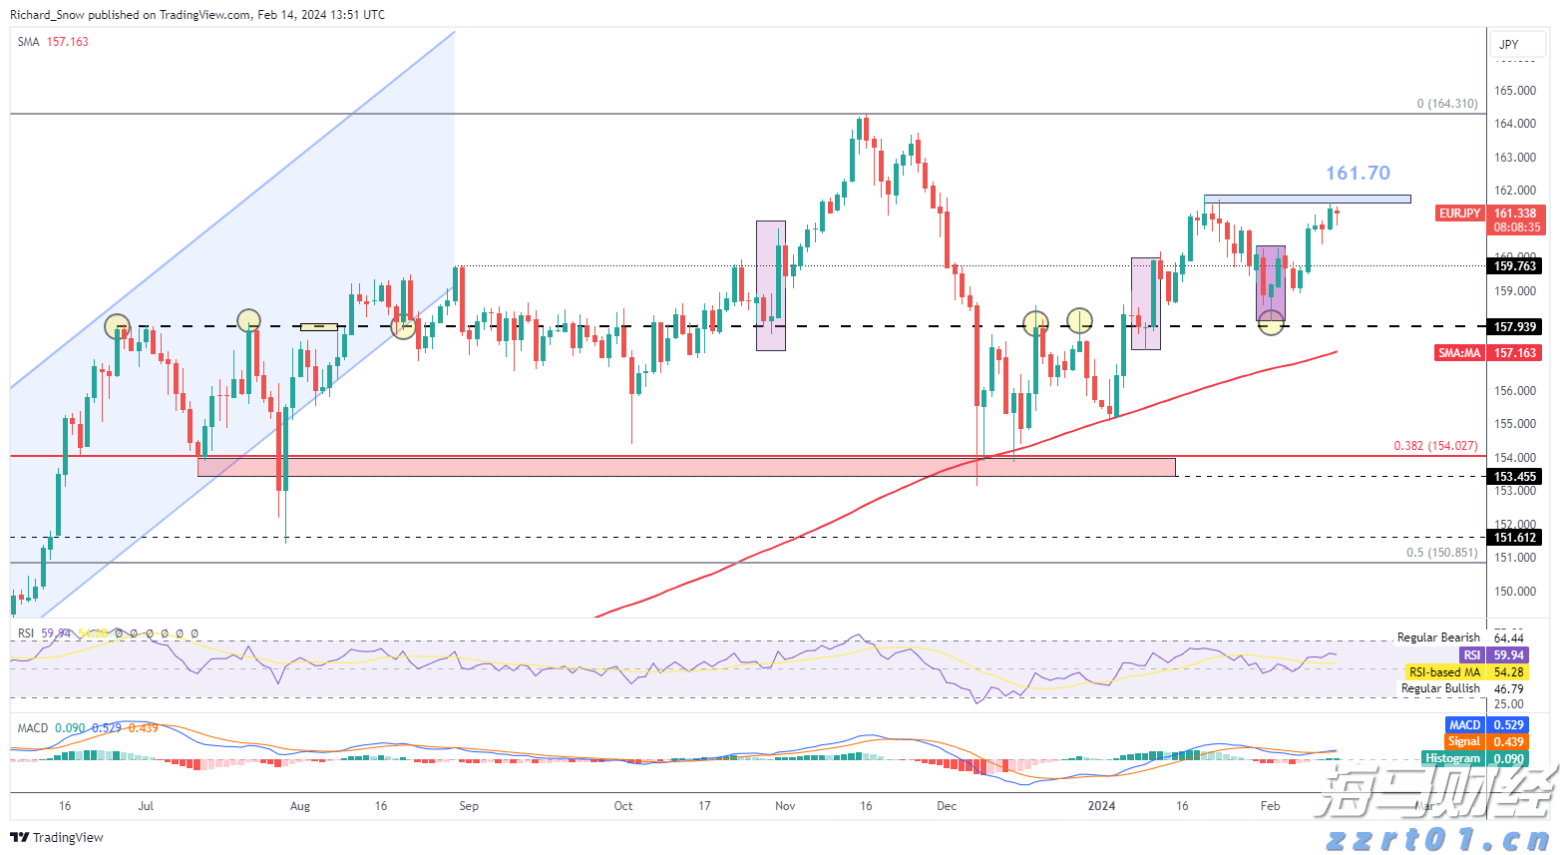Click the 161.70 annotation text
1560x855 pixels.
[x=1357, y=174]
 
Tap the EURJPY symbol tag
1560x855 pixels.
[x=1459, y=214]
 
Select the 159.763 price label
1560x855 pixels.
[x=1515, y=266]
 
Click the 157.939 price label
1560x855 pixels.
[x=1515, y=327]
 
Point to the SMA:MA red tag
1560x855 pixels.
[x=1459, y=353]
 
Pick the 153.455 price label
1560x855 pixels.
[x=1515, y=477]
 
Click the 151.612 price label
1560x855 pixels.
[x=1515, y=538]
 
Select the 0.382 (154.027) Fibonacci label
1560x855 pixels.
[x=1435, y=446]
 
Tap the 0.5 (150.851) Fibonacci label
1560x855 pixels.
[x=1441, y=553]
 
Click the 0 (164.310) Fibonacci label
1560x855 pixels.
[x=1446, y=104]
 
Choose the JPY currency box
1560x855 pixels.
[x=1509, y=45]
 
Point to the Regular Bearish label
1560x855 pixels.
[x=1438, y=638]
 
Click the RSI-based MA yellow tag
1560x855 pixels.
[x=1443, y=672]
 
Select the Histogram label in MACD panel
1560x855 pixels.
[x=1452, y=758]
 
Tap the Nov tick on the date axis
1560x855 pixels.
[x=785, y=806]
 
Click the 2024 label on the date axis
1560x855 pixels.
[x=1101, y=806]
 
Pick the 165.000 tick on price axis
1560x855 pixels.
[x=1514, y=91]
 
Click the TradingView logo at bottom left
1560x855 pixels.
[x=57, y=837]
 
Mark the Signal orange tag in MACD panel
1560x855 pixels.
[x=1463, y=741]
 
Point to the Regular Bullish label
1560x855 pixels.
[x=1440, y=688]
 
